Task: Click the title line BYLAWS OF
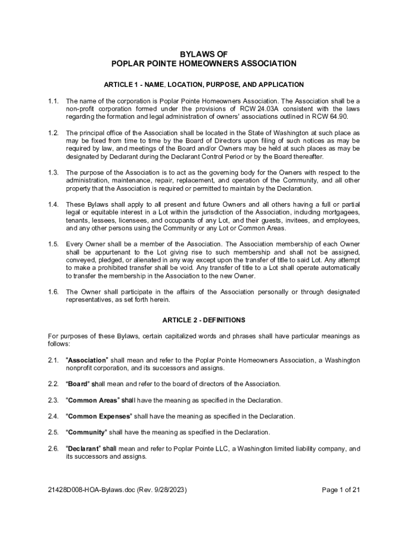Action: (204, 54)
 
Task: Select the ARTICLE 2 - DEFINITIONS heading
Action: (204, 320)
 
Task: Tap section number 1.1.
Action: (53, 101)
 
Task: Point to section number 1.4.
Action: (53, 205)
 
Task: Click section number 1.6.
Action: (53, 292)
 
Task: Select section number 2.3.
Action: (53, 400)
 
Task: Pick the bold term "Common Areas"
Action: (93, 400)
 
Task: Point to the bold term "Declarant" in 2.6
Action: (83, 449)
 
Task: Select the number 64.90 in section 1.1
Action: (339, 117)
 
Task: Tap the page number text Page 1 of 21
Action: (341, 490)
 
